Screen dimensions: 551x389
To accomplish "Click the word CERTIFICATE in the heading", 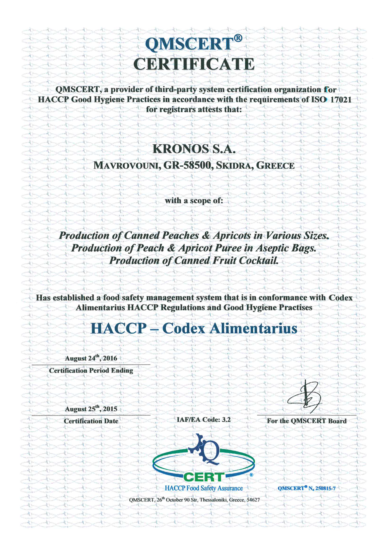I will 194,64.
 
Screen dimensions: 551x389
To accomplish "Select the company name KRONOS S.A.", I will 194,149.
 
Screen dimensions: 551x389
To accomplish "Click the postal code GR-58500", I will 187,165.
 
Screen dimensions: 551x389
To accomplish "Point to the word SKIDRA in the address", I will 234,165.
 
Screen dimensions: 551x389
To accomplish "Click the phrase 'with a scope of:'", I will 194,201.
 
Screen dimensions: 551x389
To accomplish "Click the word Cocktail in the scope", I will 259,261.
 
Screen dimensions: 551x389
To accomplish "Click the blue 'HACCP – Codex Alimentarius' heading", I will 194,328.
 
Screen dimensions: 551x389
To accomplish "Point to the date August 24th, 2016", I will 91,358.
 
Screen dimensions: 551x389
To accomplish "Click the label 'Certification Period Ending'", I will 91,370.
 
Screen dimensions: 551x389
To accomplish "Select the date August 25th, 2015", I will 91,409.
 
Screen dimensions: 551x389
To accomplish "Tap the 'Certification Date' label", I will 91,421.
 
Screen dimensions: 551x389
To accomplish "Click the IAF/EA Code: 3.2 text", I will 203,420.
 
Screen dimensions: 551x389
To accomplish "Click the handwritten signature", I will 305,397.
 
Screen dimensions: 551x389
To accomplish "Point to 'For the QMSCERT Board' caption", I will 307,421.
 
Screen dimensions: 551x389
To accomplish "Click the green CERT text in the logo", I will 203,477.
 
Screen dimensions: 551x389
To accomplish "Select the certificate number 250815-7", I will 325,488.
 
